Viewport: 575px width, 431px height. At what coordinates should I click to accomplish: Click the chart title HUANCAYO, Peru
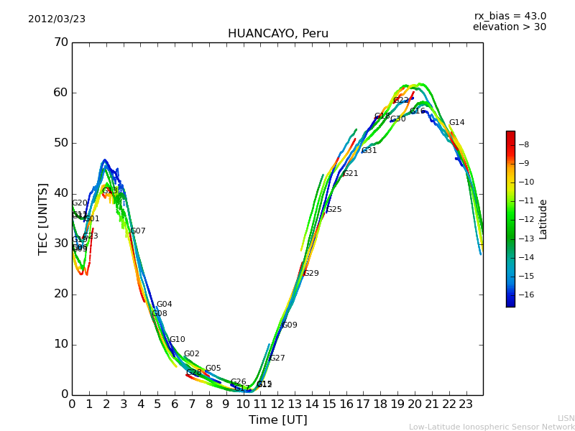277,34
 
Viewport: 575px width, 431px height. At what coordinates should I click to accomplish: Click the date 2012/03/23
57,19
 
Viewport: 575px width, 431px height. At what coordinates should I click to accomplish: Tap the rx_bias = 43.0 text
510,17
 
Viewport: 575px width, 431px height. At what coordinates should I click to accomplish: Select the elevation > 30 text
509,27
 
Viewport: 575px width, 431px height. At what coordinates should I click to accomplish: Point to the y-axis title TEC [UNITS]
43,218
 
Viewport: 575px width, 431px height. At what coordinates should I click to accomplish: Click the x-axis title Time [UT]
277,420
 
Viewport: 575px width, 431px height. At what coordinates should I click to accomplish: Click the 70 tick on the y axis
60,42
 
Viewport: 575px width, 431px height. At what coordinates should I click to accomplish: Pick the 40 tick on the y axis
60,193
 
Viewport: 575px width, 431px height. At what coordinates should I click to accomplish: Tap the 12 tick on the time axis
277,404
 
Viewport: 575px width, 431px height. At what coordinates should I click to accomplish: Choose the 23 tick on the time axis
466,404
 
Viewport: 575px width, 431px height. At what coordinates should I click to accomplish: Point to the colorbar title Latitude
543,219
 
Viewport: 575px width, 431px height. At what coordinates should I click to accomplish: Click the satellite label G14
456,123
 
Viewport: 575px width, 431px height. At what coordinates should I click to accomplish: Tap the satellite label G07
137,231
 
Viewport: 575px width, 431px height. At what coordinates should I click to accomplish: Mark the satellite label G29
310,274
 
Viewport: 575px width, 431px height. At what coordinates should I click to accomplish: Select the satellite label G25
333,210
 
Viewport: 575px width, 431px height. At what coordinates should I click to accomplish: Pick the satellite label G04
164,305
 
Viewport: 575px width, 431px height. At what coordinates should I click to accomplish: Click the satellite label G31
369,151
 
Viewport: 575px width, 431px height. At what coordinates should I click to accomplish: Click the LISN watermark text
566,418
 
